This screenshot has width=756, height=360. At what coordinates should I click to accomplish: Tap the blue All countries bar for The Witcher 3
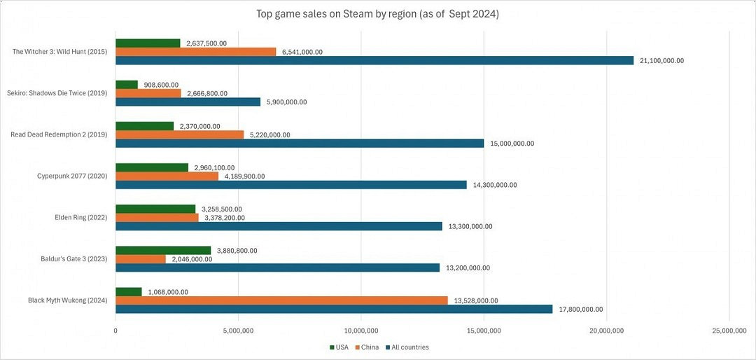[x=374, y=60]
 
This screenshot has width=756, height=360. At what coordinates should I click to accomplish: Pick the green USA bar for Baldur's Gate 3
[x=163, y=250]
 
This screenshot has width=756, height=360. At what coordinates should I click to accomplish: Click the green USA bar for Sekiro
[x=127, y=85]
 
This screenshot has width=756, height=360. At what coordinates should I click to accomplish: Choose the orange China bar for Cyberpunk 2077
[x=167, y=176]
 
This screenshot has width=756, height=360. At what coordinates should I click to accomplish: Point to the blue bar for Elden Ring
[x=279, y=226]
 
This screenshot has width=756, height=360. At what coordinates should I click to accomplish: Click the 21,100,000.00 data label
[x=660, y=61]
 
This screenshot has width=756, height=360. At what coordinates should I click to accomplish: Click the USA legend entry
[x=339, y=347]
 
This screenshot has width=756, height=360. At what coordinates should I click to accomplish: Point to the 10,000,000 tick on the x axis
[x=361, y=330]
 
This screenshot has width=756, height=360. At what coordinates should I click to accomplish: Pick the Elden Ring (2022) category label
[x=80, y=217]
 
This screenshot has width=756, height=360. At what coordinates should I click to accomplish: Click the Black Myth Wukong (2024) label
[x=67, y=300]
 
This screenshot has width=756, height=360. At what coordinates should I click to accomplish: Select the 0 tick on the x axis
[x=115, y=330]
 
